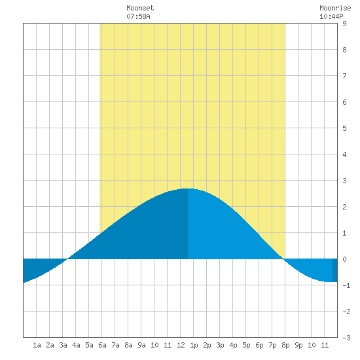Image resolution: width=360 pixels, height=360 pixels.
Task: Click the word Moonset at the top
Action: coord(140,8)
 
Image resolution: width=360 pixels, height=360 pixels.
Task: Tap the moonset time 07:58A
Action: coord(138,16)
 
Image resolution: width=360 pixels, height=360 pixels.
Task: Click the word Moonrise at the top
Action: coord(335,8)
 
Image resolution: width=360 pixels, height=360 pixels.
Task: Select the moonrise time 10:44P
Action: coord(331,16)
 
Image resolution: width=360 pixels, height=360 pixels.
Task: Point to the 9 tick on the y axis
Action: coord(344,24)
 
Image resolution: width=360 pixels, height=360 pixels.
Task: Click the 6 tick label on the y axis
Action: coord(344,102)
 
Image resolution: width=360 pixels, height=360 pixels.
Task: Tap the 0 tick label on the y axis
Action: coord(344,259)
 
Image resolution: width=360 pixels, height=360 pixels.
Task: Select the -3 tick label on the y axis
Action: coord(346,338)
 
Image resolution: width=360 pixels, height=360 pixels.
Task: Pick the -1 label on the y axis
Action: coord(346,285)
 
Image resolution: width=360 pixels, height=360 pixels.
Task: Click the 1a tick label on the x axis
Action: coord(37,345)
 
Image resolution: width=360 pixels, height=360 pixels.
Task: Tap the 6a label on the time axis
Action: coord(102,345)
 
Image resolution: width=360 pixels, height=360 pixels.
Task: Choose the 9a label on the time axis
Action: coord(141,345)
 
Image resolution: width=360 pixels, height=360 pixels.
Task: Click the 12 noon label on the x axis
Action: coord(181,345)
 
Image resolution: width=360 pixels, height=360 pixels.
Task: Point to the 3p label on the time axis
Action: coord(220,345)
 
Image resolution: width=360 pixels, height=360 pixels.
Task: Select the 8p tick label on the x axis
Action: coord(285,345)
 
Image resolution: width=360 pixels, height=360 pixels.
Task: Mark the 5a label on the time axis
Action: coord(89,345)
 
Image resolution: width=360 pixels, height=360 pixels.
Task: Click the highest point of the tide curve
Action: coord(188,189)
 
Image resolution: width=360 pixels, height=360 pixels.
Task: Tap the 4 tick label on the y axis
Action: coord(344,154)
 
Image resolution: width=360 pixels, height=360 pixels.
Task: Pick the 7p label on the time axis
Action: coord(272,345)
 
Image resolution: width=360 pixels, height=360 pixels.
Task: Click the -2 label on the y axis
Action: coord(346,312)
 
